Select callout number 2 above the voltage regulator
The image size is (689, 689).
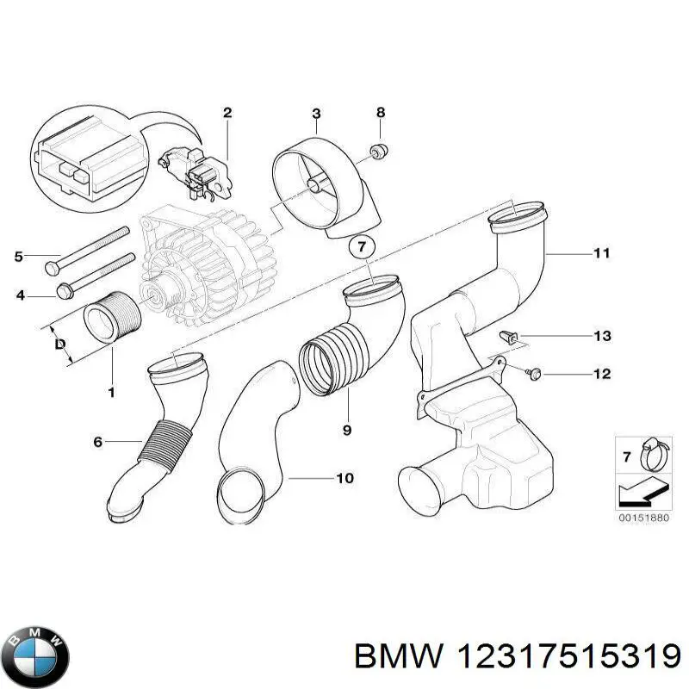tap(227, 113)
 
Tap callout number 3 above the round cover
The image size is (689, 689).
tap(316, 114)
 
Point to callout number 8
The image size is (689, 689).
tap(381, 113)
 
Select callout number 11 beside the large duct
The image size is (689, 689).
tap(601, 253)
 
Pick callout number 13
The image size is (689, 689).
tap(601, 336)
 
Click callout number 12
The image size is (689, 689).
tap(601, 374)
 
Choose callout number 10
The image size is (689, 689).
tap(344, 478)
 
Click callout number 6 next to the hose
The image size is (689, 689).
tap(98, 442)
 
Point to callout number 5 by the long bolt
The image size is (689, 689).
tap(20, 256)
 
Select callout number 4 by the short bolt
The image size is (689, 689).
tap(20, 296)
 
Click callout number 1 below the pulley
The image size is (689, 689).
tap(111, 394)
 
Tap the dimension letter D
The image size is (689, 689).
tap(59, 344)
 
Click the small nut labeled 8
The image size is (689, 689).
tap(376, 152)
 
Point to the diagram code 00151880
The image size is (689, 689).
tap(642, 517)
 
